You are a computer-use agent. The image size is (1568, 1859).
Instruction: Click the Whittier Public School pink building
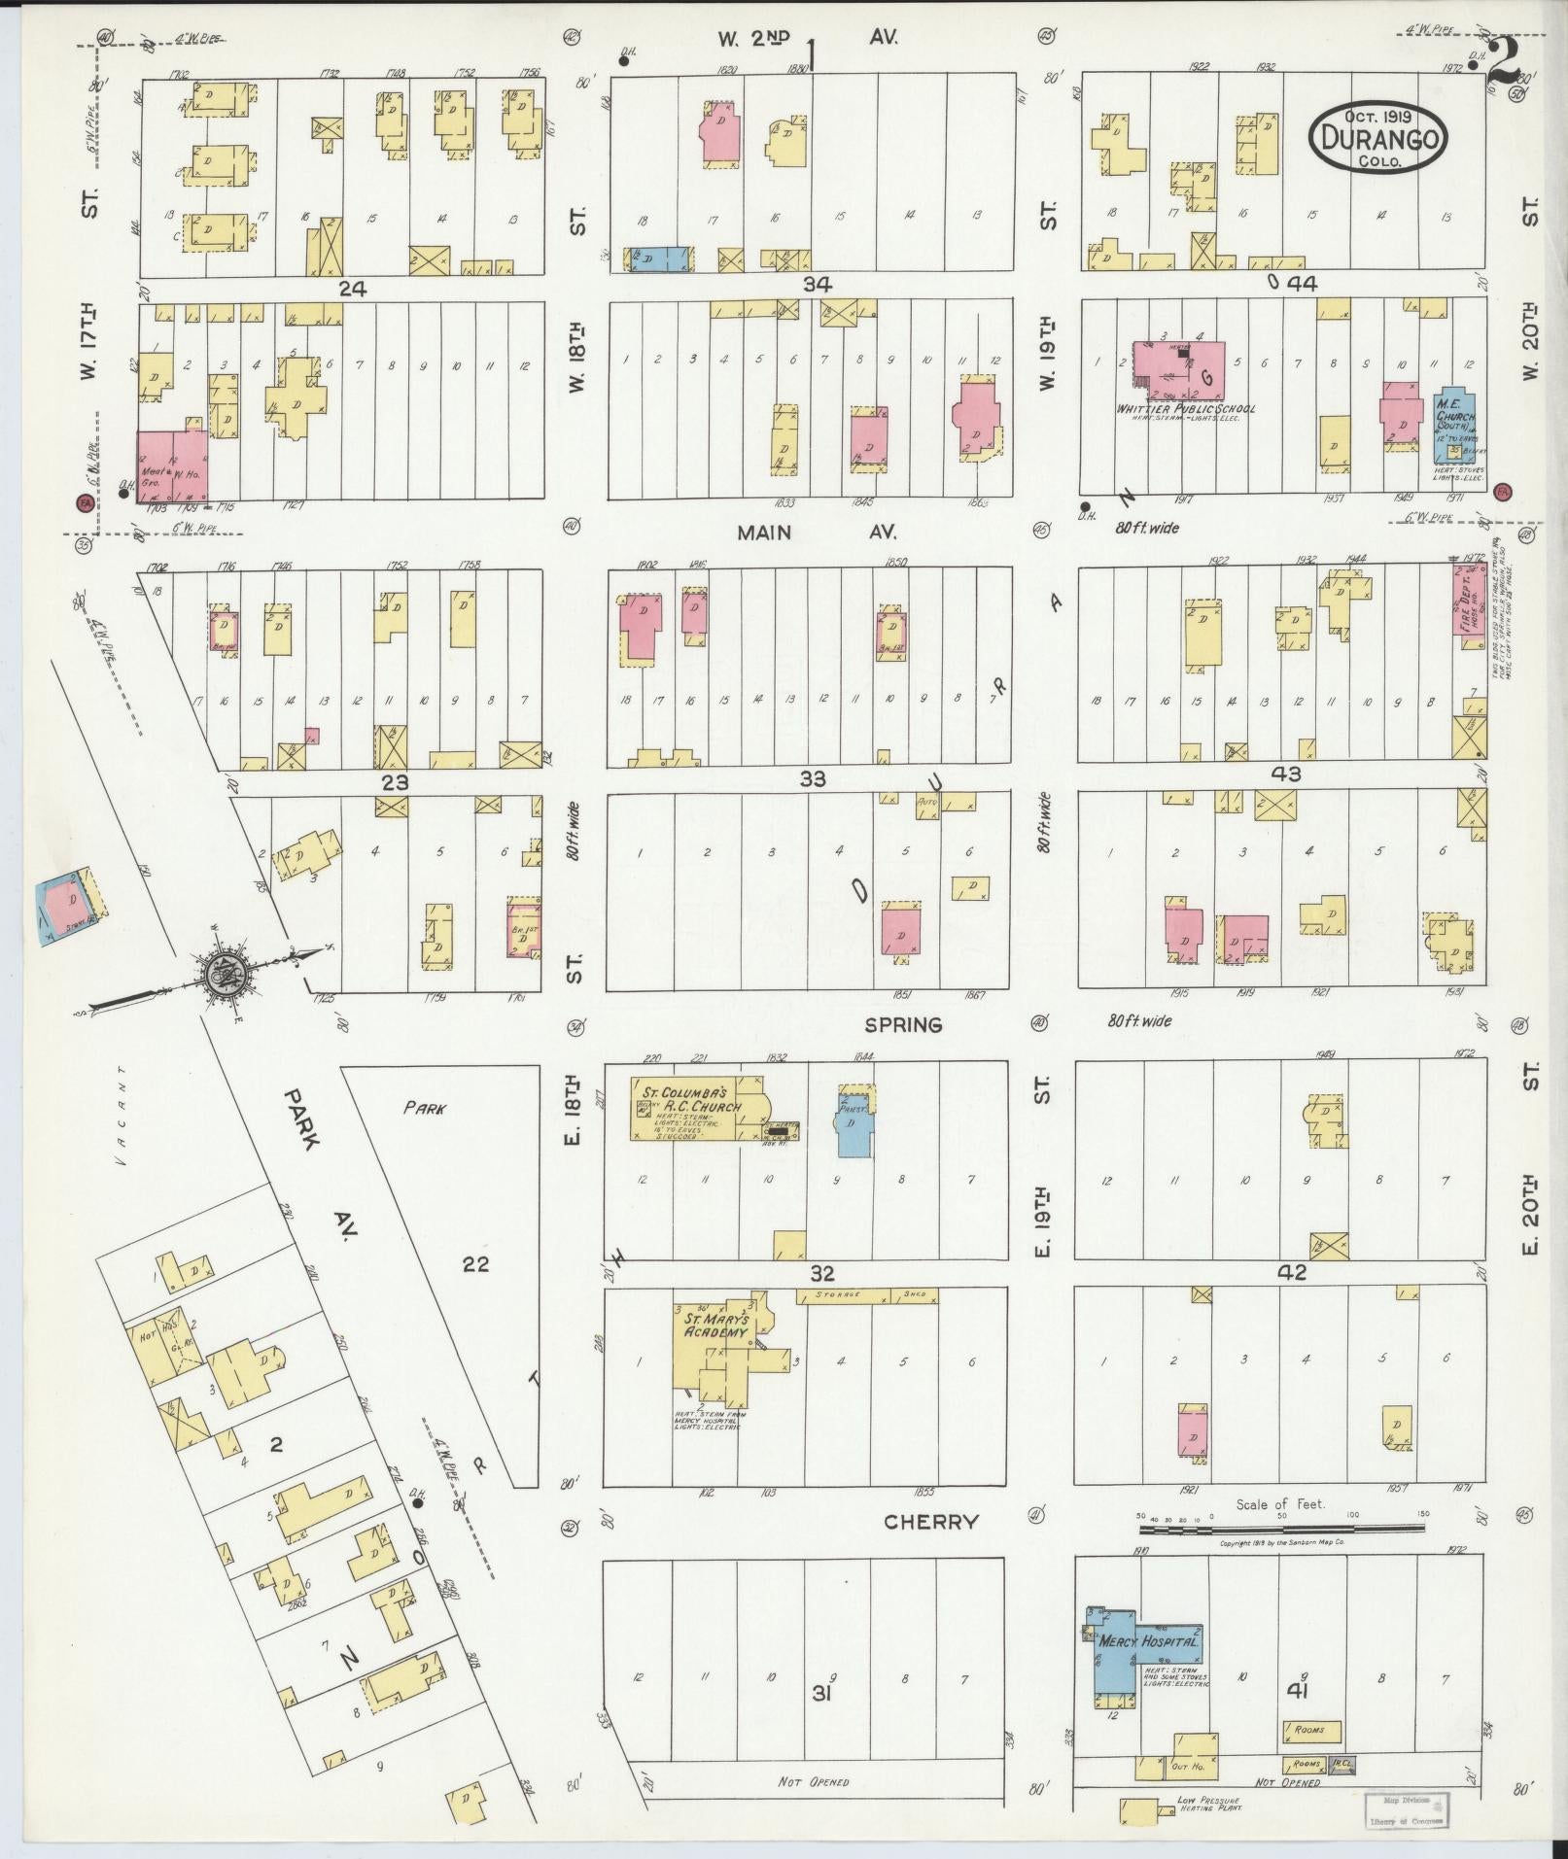(1191, 368)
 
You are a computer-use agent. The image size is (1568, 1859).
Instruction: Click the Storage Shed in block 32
(866, 1295)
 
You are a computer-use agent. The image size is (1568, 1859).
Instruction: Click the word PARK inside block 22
(424, 1108)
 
